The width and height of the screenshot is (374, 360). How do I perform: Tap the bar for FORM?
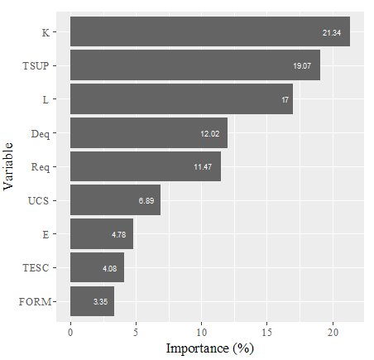click(91, 301)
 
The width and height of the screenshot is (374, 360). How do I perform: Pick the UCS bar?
click(115, 200)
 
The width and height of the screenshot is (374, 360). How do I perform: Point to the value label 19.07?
click(301, 66)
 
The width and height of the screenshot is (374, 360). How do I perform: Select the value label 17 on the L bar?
click(285, 100)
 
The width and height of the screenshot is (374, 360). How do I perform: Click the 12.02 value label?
click(209, 133)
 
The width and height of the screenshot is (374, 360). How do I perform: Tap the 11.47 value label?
click(203, 167)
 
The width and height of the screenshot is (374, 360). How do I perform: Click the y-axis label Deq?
click(40, 133)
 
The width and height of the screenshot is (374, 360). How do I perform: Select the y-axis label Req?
click(40, 167)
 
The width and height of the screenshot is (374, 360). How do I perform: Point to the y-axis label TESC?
click(36, 268)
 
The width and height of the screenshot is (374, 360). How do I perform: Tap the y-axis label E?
click(46, 234)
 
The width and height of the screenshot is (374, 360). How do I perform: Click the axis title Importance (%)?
click(209, 348)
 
